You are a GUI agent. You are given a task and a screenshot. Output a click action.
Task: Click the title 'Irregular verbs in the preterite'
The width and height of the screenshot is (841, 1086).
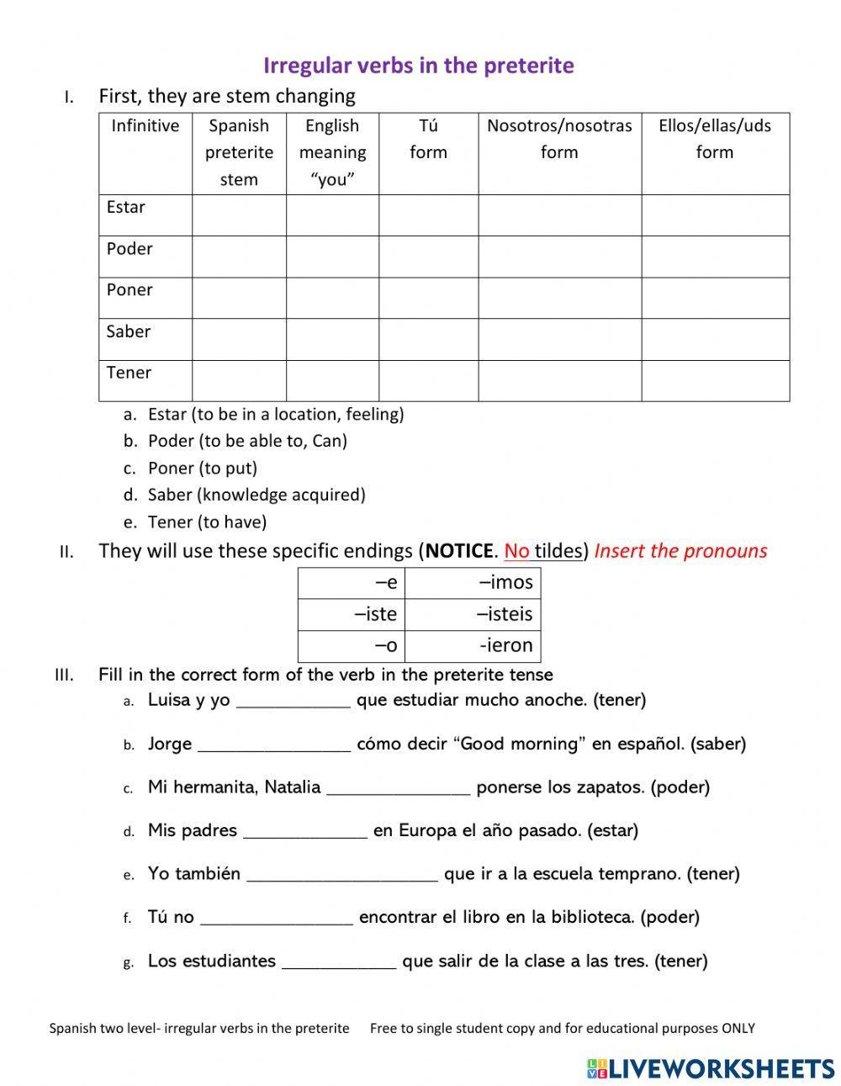click(419, 66)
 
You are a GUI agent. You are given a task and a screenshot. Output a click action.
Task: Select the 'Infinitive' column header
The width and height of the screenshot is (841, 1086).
click(145, 126)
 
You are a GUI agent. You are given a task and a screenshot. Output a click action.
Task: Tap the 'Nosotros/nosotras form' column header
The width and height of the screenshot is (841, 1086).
click(559, 139)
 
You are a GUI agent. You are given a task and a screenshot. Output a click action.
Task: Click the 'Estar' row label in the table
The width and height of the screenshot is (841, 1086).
click(126, 207)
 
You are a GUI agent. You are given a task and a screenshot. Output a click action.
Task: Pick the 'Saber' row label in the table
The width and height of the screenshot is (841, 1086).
click(129, 331)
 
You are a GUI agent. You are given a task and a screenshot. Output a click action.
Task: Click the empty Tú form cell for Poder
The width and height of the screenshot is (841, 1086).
click(428, 257)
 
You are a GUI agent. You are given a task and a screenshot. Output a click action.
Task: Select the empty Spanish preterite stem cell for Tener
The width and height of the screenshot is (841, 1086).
click(239, 380)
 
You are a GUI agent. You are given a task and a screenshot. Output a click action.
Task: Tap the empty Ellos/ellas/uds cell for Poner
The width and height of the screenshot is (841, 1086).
click(715, 298)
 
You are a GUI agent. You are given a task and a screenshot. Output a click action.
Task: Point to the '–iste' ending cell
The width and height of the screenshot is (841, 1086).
click(352, 614)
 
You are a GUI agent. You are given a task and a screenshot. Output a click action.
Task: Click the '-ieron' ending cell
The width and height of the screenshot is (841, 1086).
click(473, 645)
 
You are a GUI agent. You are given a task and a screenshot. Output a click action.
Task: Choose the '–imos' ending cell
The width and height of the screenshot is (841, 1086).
click(473, 582)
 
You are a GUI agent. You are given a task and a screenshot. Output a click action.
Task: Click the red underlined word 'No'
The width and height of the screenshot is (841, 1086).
click(517, 551)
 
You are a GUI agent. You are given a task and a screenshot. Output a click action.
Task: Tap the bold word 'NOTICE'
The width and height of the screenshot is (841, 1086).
click(458, 551)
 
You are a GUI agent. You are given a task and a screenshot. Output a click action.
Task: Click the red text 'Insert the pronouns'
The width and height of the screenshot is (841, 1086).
click(680, 551)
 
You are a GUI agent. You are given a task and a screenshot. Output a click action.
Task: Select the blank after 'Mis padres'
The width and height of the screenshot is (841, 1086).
click(305, 832)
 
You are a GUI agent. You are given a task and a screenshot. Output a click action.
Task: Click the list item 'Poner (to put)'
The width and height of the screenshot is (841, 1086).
click(203, 468)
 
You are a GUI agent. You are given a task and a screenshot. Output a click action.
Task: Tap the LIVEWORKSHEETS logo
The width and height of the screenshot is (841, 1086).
click(711, 1067)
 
